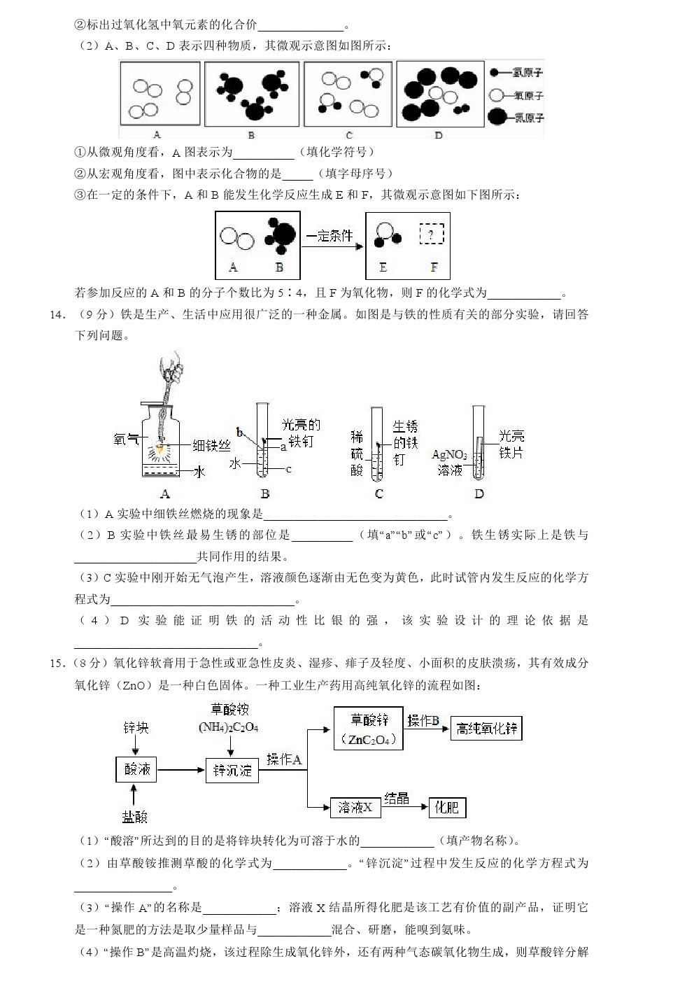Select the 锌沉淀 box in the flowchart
(232, 771)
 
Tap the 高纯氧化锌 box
(486, 729)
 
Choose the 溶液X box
(355, 807)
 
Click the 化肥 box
(447, 807)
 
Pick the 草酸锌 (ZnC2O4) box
(368, 729)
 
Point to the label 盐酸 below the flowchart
(135, 817)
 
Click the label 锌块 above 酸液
(136, 728)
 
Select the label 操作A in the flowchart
(284, 759)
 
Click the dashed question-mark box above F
(432, 234)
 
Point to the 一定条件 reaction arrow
(332, 239)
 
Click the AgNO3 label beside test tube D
(449, 456)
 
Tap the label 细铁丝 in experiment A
(211, 446)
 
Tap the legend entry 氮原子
(527, 116)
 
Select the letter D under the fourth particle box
(439, 135)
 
